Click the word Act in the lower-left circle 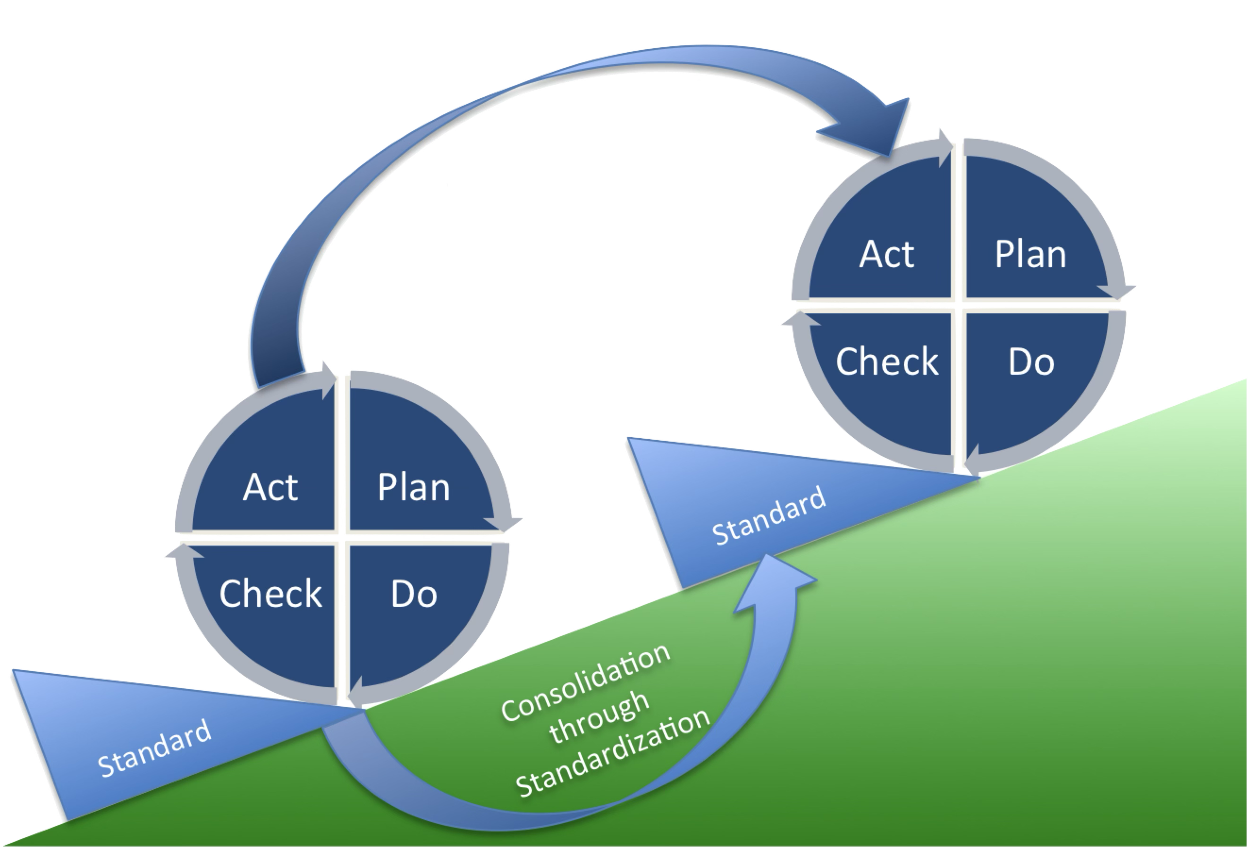pos(270,487)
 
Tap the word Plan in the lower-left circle pos(413,487)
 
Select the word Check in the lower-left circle pos(270,593)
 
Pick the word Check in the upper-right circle pos(886,361)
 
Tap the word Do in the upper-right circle pos(1030,361)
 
